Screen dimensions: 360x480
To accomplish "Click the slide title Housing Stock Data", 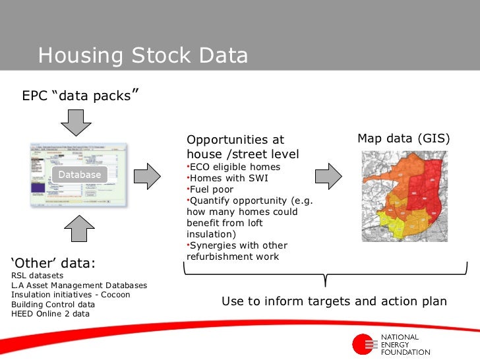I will (x=142, y=55).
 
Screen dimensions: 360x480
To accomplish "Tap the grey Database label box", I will (x=80, y=175).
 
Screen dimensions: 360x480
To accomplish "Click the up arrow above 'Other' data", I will (x=80, y=229).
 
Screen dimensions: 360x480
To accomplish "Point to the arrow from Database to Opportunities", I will (x=148, y=175).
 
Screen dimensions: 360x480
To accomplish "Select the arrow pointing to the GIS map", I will (x=328, y=175).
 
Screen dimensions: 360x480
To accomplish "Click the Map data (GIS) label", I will (x=404, y=138).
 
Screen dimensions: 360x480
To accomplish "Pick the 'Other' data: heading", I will (x=53, y=264).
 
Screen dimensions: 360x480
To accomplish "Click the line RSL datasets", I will (x=38, y=276).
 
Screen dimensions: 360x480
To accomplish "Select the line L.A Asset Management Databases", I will (x=79, y=285).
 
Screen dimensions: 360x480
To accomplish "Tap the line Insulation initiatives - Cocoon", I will (x=71, y=295).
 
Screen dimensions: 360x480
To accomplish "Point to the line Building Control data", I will (x=53, y=305).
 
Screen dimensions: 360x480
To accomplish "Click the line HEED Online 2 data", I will (x=50, y=314).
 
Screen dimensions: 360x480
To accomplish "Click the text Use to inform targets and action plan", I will (x=334, y=301).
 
